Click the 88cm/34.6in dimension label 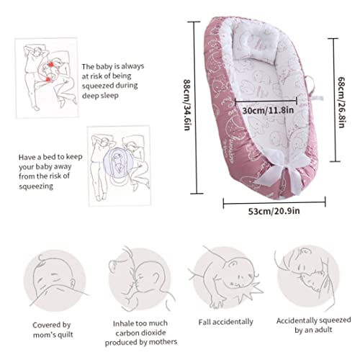click(187, 105)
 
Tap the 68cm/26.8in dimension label click(341, 102)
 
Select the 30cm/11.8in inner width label click(268, 110)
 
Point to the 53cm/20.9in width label click(274, 211)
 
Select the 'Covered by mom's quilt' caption click(53, 330)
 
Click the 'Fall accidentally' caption click(225, 322)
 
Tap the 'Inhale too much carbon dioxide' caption click(141, 333)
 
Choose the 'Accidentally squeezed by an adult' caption click(313, 325)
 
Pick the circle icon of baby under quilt click(55, 280)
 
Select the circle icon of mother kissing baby click(140, 279)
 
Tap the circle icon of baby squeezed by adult click(307, 276)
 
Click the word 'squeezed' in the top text click(97, 86)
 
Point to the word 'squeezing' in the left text click(36, 186)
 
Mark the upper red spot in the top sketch click(50, 65)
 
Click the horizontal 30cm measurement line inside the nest click(266, 102)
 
